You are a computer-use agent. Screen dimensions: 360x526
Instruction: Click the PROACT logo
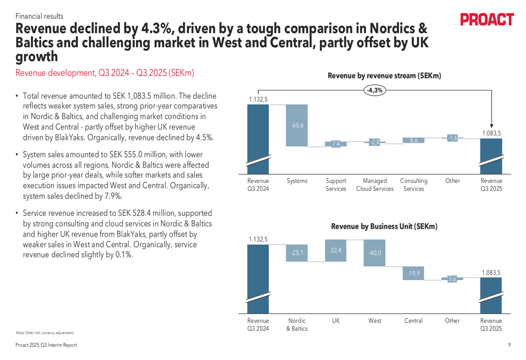click(x=487, y=20)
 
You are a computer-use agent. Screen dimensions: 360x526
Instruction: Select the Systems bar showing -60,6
click(x=297, y=125)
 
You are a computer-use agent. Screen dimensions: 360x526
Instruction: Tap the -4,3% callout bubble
click(x=375, y=90)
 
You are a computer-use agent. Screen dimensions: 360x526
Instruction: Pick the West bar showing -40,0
click(x=375, y=253)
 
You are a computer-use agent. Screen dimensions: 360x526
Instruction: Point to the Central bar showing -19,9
click(x=413, y=273)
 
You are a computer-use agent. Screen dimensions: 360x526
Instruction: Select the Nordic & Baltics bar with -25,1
click(x=297, y=253)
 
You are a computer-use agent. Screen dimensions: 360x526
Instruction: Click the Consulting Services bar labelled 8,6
click(x=413, y=140)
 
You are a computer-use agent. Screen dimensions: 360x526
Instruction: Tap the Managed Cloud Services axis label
click(x=375, y=184)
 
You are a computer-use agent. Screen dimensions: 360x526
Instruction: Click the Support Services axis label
click(x=336, y=184)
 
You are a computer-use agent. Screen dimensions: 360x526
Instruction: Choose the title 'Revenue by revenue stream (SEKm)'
click(x=384, y=76)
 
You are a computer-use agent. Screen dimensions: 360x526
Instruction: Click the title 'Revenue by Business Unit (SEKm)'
click(x=384, y=227)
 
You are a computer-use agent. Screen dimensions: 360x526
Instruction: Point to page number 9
click(x=509, y=345)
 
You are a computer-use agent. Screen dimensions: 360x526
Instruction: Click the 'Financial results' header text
click(x=39, y=16)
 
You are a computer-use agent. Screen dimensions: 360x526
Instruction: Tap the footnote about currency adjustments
click(x=45, y=333)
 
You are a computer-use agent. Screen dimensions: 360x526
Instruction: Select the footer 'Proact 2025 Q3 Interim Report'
click(x=46, y=345)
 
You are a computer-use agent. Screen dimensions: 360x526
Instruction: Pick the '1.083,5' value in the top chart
click(x=491, y=134)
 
